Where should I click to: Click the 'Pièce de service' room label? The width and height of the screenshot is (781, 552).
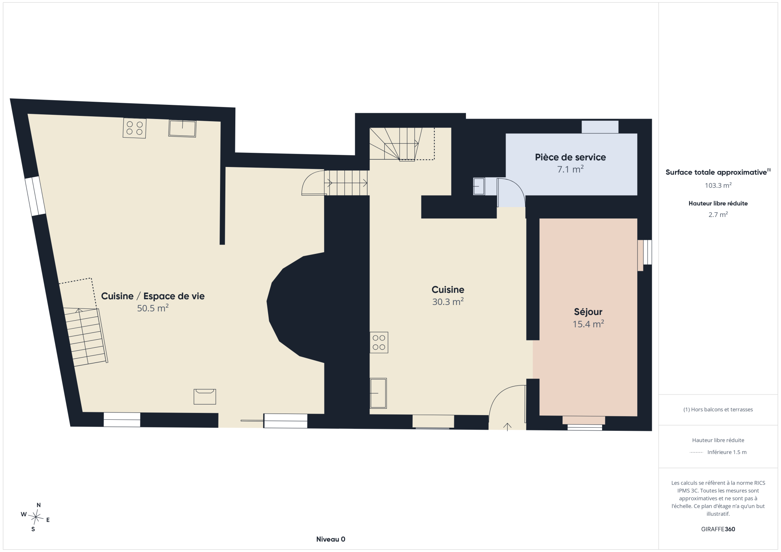click(570, 157)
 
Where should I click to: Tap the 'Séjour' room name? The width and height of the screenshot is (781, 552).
click(588, 312)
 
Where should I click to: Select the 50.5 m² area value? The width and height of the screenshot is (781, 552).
click(153, 308)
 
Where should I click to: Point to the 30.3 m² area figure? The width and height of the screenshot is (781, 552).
click(448, 302)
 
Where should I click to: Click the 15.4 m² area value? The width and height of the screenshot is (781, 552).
click(588, 324)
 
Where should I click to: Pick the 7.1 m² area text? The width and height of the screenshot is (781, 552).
click(570, 169)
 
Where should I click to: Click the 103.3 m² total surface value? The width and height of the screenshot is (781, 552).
click(718, 185)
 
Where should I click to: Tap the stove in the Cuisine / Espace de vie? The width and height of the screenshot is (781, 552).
click(135, 128)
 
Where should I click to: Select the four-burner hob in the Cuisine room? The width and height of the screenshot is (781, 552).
click(379, 342)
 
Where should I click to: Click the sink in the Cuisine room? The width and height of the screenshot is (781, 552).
click(378, 393)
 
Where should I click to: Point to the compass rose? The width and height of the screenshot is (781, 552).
click(36, 517)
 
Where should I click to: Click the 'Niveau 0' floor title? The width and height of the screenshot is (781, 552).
click(331, 539)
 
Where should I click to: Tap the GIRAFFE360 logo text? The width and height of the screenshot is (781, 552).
click(718, 529)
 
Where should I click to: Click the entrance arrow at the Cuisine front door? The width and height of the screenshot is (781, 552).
click(507, 427)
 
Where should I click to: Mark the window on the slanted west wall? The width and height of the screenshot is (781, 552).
click(35, 196)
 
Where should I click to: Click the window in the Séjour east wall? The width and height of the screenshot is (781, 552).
click(647, 252)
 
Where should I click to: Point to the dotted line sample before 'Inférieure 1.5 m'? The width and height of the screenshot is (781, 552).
click(696, 453)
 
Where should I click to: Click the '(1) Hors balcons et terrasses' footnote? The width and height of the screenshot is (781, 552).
click(718, 409)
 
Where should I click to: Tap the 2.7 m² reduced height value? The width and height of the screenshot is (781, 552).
click(718, 215)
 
